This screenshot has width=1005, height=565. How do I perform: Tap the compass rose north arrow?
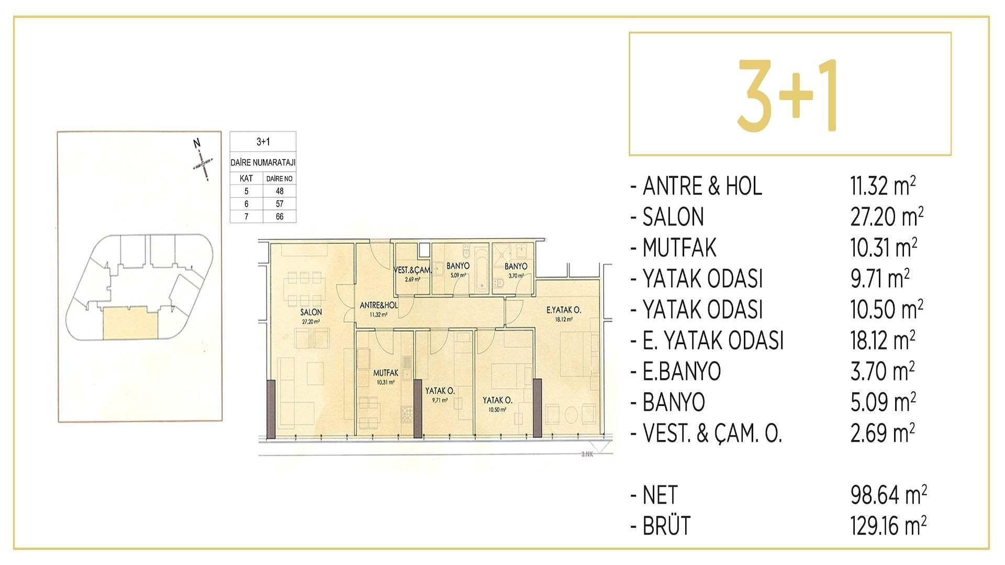pyautogui.click(x=202, y=161)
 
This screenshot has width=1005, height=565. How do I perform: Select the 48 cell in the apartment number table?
pyautogui.click(x=280, y=191)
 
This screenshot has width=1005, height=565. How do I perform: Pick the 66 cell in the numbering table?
pyautogui.click(x=280, y=217)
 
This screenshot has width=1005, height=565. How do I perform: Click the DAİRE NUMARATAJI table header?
pyautogui.click(x=263, y=163)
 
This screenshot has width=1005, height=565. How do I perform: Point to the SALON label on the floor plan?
pyautogui.click(x=311, y=312)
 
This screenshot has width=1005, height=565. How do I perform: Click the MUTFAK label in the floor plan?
pyautogui.click(x=386, y=374)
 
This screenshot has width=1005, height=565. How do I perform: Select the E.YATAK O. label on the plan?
pyautogui.click(x=563, y=310)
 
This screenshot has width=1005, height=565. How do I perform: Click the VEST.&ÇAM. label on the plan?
pyautogui.click(x=412, y=270)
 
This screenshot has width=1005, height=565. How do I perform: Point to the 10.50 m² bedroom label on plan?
pyautogui.click(x=497, y=401)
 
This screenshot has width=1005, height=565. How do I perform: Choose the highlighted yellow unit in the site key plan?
pyautogui.click(x=130, y=323)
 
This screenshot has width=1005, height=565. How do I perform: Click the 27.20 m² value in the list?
pyautogui.click(x=886, y=217)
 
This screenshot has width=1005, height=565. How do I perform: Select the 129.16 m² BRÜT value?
pyautogui.click(x=888, y=526)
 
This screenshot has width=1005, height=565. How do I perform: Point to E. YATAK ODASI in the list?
pyautogui.click(x=713, y=341)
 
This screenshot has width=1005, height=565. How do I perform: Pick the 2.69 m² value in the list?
pyautogui.click(x=883, y=434)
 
